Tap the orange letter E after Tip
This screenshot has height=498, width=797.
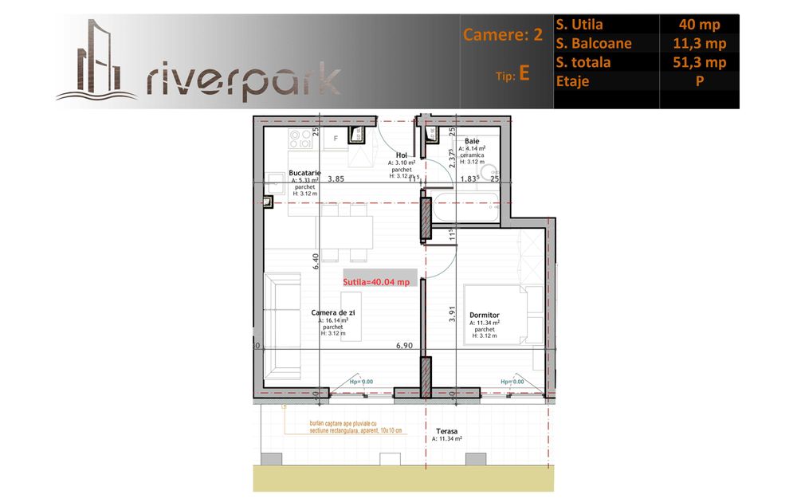click(524, 73)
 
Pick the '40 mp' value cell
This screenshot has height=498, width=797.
click(699, 25)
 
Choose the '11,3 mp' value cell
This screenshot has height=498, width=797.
click(699, 43)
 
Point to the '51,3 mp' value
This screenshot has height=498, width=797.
click(699, 62)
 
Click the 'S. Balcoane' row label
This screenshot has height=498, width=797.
click(594, 43)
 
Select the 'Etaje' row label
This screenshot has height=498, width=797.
click(574, 80)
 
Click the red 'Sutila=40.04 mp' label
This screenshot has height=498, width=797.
click(376, 281)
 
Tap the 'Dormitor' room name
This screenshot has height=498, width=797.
click(485, 316)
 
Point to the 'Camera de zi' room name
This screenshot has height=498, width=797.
click(332, 313)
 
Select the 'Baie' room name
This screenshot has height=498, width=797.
click(472, 141)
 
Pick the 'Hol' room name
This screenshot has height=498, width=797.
click(402, 155)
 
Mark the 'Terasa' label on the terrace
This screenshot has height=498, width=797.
click(446, 430)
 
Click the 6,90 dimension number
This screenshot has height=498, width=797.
click(406, 346)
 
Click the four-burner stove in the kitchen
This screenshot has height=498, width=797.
click(300, 140)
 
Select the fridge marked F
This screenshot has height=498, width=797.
click(336, 139)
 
